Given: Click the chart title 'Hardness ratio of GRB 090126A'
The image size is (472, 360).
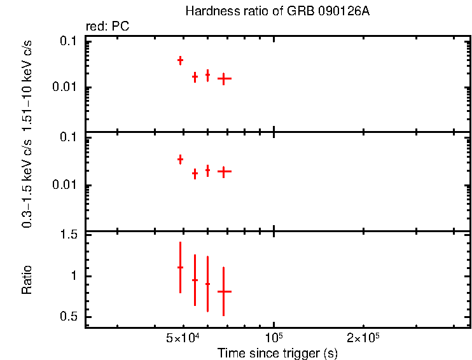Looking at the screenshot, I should coord(277,11).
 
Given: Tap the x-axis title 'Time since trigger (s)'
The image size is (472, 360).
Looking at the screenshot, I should coord(277,352).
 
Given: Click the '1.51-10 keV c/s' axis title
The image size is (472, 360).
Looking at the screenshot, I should coord(27,88).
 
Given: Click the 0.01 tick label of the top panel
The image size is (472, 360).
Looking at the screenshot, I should coord(66,87).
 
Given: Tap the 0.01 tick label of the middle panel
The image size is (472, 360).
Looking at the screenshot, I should coord(66,186).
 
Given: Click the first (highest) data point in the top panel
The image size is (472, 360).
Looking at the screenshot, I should coord(180,60).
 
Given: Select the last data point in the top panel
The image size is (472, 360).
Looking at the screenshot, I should coord(224,79).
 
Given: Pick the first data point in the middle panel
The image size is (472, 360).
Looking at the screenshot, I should coord(180,159).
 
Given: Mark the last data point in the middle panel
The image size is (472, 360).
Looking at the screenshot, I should coord(224,171).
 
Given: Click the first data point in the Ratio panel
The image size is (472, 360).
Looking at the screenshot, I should coord(180,268).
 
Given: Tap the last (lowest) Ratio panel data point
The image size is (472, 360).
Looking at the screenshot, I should coord(224,291).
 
